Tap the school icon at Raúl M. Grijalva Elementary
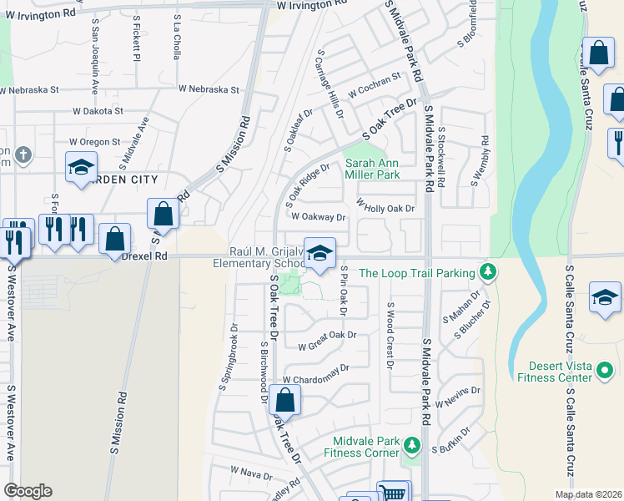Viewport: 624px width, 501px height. point(320,255)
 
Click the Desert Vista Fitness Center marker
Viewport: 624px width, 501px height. point(606,367)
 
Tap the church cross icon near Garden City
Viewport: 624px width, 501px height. point(23,154)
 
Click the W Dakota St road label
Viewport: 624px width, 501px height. point(98,110)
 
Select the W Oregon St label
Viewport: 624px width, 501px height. point(94,142)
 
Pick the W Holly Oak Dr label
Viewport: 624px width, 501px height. point(385,206)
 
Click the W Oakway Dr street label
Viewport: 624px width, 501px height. point(318,217)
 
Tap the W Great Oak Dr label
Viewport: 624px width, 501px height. point(328,337)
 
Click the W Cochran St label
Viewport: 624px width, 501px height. point(375,83)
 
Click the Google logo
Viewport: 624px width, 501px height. point(28,491)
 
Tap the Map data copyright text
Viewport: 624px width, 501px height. point(588,494)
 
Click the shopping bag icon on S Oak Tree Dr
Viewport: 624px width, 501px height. point(285,401)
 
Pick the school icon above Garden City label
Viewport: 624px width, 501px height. point(82,168)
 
